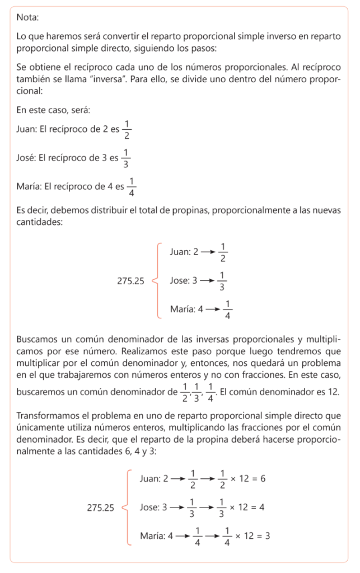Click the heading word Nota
27,17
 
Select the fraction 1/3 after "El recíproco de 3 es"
125,158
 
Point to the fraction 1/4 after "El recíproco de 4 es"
132,187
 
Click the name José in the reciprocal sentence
26,158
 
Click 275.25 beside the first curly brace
130,281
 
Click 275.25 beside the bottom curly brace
101,508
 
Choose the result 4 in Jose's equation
262,508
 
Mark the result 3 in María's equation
268,536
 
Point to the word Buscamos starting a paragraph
36,339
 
